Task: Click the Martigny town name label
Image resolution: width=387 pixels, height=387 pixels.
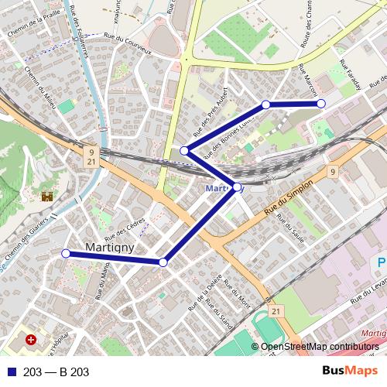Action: click(x=108, y=248)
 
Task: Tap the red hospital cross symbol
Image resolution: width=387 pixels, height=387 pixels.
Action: click(x=31, y=340)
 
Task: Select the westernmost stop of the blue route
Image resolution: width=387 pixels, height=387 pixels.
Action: click(x=66, y=253)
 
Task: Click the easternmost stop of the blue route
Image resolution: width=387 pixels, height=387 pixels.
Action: click(x=321, y=103)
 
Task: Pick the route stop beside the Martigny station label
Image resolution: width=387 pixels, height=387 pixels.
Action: click(x=237, y=187)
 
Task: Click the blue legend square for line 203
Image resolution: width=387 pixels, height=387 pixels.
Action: click(x=12, y=372)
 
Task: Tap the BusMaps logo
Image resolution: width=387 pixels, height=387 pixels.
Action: click(x=350, y=371)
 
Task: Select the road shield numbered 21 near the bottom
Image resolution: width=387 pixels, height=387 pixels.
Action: click(x=276, y=310)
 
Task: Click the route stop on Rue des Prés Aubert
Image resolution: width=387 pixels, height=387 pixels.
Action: click(x=184, y=150)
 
